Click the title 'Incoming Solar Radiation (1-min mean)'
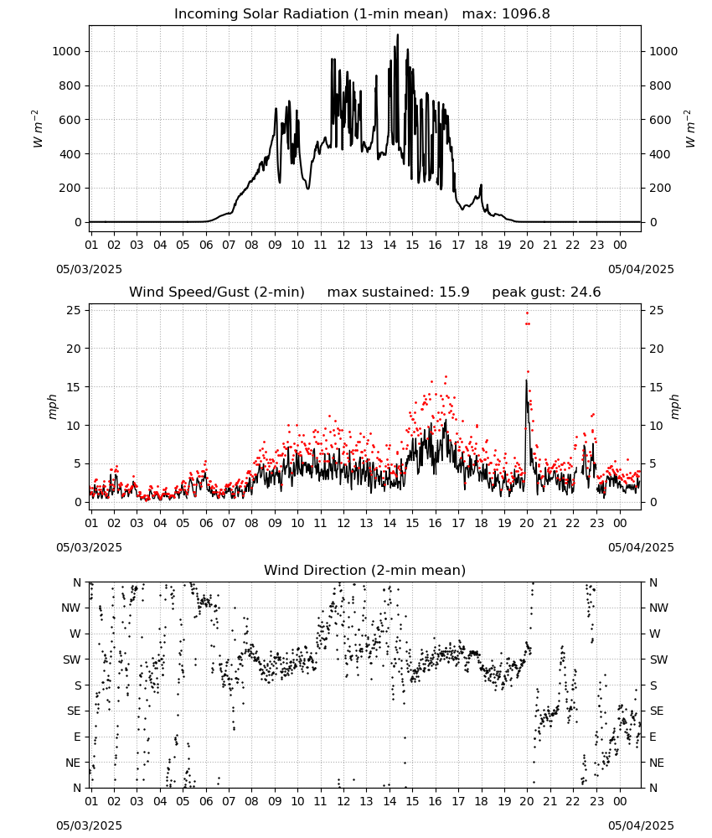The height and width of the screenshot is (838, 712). [311, 14]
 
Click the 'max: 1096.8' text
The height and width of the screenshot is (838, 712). [506, 14]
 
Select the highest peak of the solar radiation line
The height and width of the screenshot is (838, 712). [397, 34]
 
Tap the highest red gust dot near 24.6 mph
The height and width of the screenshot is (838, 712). [527, 313]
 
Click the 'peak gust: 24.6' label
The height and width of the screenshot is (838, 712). [546, 292]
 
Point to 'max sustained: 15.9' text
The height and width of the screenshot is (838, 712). [398, 292]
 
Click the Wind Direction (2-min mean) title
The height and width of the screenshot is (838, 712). [365, 570]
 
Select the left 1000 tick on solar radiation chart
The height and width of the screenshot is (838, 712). [66, 51]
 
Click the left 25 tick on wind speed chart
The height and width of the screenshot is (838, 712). [74, 311]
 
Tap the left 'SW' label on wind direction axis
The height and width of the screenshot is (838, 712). [72, 660]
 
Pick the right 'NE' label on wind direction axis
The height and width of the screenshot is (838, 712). [657, 763]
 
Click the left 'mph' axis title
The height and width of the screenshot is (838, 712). [52, 406]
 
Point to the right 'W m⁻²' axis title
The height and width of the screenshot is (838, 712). [689, 129]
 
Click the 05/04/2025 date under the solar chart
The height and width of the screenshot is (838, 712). [641, 269]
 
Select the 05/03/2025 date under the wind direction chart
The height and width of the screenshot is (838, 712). [89, 825]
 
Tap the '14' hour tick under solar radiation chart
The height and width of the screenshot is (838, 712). [390, 246]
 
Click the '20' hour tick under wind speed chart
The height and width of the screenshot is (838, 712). [527, 523]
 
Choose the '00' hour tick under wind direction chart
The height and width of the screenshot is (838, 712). [620, 802]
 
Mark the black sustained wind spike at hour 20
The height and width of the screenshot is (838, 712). [527, 380]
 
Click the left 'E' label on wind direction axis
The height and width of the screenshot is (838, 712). [77, 737]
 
